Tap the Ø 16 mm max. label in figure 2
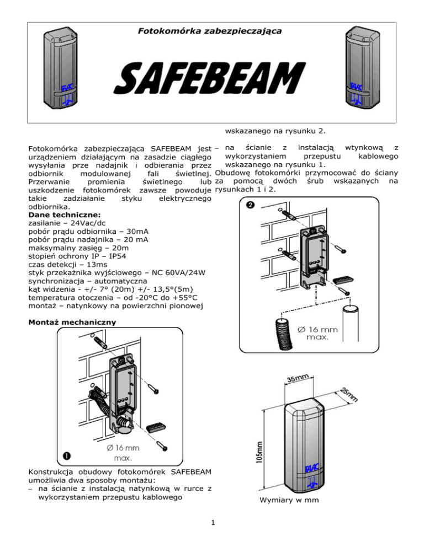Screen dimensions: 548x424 coord(319,334)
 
